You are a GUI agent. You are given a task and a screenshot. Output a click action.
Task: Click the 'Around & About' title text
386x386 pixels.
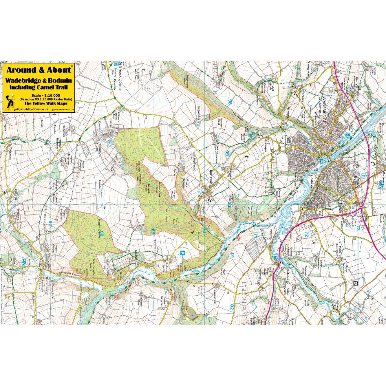[x=39, y=70]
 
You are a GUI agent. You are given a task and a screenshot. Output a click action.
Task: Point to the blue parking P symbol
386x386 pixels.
[x=182, y=254]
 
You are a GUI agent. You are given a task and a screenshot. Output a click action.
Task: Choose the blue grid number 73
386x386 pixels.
[x=358, y=228]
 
